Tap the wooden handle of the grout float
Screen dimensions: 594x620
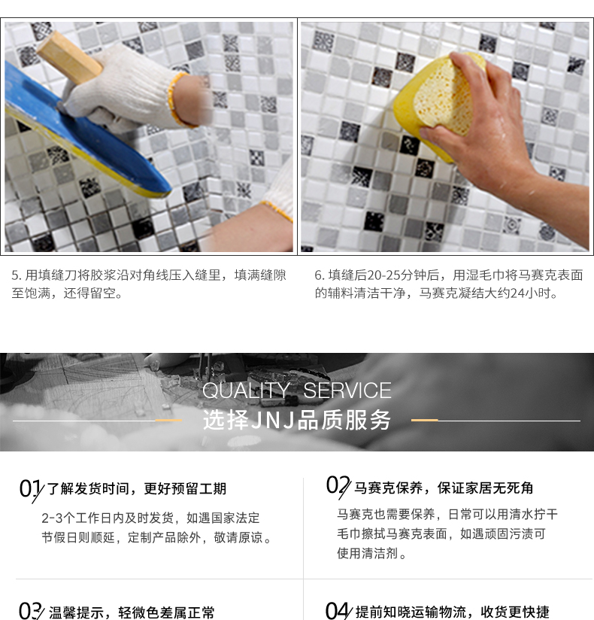[70, 58]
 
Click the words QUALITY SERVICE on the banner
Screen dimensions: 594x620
[297, 391]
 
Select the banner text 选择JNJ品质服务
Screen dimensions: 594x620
[297, 420]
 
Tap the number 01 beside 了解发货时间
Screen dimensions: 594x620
[31, 489]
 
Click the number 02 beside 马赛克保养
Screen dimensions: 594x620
[338, 486]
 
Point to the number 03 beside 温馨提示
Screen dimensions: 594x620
[31, 611]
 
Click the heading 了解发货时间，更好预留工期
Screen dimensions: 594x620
[137, 489]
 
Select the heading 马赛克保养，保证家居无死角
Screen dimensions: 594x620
[444, 488]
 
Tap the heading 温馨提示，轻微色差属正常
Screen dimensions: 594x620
[132, 612]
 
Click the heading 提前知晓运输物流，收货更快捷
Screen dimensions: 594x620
[452, 612]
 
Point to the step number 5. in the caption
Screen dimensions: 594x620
[17, 275]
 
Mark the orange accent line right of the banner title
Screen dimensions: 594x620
[425, 420]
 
